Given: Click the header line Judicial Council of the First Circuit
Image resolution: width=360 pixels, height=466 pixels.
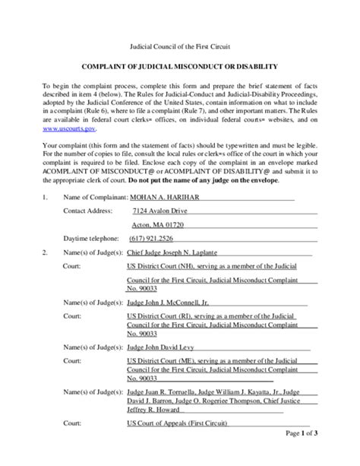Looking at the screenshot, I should tap(179, 46).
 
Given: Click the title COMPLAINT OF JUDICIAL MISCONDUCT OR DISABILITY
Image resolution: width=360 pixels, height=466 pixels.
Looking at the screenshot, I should tap(179, 67).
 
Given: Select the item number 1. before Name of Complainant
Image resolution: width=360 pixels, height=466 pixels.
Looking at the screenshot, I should tap(45, 196).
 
